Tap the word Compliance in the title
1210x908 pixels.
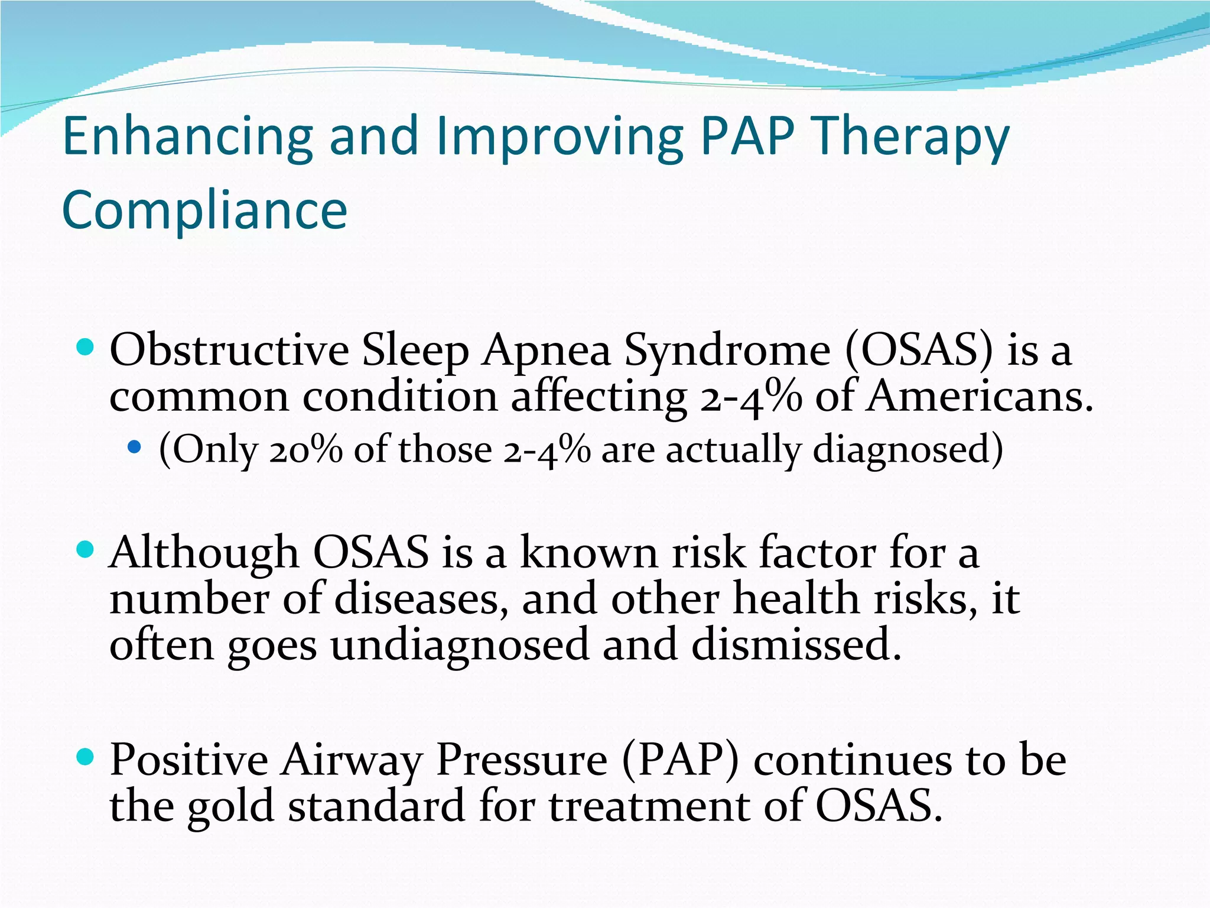point(204,210)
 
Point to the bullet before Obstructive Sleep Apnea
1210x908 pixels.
point(86,347)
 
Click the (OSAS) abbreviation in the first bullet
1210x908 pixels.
point(919,351)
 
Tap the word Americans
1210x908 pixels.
point(981,397)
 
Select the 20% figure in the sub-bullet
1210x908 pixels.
point(306,449)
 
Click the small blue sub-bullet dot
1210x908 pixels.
point(135,447)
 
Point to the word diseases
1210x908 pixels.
point(421,599)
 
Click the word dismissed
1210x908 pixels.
point(796,644)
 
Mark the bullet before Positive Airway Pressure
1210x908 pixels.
point(86,757)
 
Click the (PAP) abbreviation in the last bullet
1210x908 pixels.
point(680,760)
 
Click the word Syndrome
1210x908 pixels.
point(727,351)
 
